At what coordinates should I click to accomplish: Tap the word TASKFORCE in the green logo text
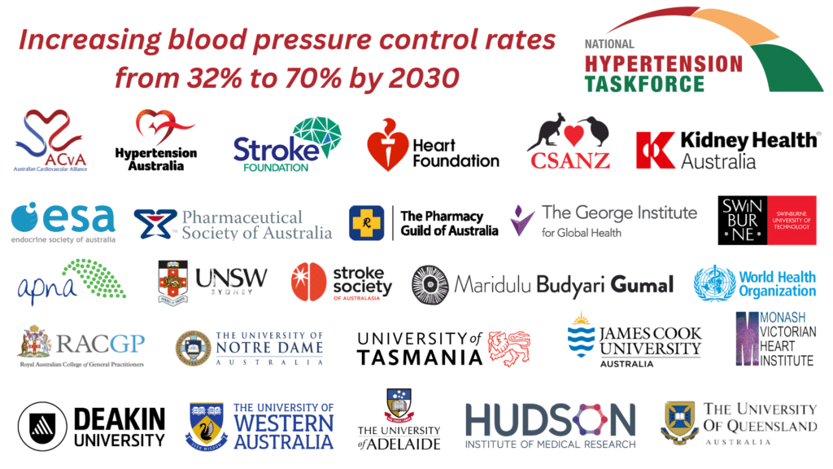point(644,83)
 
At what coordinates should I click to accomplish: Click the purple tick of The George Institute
point(522,219)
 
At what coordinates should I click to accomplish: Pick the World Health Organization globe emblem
point(713,283)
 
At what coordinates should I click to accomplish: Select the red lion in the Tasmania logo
point(509,348)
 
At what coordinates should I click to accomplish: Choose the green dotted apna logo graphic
point(96,278)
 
